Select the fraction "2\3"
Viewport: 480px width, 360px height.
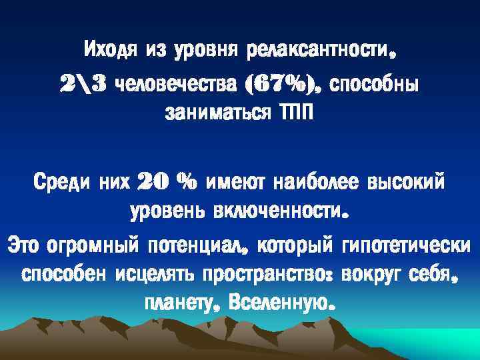[x=85, y=85]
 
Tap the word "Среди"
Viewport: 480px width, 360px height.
[x=59, y=181]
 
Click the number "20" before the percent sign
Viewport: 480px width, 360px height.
[x=152, y=181]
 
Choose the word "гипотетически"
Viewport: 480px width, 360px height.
[x=405, y=243]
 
